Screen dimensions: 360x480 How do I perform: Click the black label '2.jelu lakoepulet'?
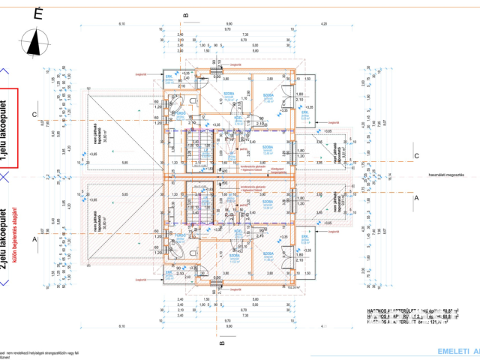click(7, 232)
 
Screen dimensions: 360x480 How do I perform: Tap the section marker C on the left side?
click(33, 115)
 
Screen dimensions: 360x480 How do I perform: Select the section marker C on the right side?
click(416, 156)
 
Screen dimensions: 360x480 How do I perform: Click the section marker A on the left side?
click(33, 239)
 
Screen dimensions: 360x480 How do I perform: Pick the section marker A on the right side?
click(416, 197)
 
